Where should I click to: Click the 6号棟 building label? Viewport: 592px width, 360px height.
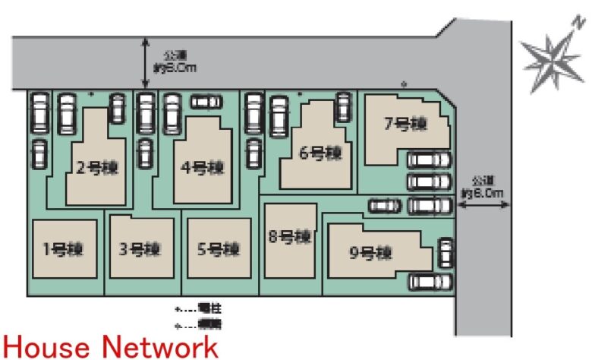click(320, 153)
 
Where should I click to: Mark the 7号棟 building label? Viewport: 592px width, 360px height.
click(405, 123)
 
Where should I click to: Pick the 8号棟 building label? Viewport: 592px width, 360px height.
click(290, 237)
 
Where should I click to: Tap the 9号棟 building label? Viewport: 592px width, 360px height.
click(370, 253)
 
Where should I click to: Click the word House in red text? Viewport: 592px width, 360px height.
click(47, 347)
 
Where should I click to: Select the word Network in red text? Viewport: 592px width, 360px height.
click(160, 347)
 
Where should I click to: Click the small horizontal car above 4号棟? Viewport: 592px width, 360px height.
click(204, 102)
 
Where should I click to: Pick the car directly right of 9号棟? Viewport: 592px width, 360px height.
click(446, 253)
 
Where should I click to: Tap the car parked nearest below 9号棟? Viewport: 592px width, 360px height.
click(430, 282)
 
